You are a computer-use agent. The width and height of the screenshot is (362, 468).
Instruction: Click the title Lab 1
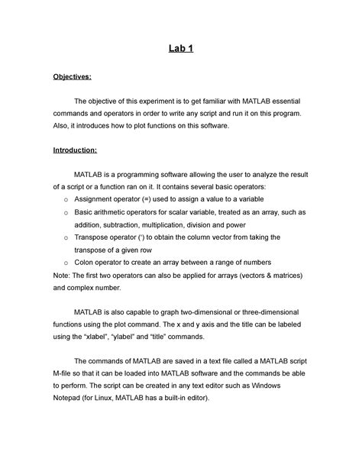pyautogui.click(x=180, y=50)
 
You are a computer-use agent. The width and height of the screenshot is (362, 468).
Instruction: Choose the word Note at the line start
pyautogui.click(x=61, y=276)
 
